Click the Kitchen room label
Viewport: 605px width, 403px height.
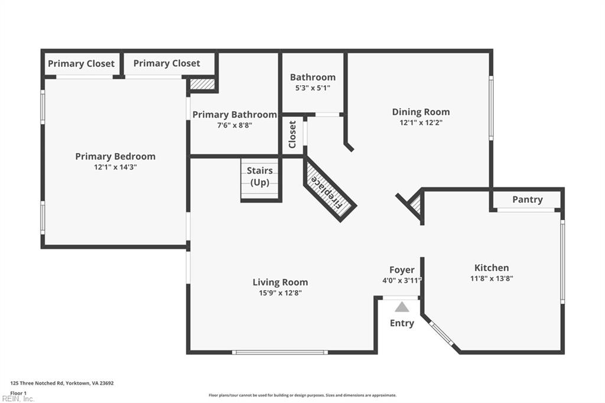pos(491,268)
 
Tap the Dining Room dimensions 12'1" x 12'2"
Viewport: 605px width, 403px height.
pos(421,123)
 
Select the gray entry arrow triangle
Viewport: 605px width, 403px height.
pos(402,307)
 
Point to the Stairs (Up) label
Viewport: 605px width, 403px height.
pos(260,177)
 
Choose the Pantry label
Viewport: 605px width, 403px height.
pos(527,200)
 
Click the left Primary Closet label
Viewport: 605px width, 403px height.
pos(81,64)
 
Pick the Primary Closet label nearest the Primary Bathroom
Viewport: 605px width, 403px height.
pos(167,63)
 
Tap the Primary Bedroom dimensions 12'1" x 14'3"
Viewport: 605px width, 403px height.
pos(115,167)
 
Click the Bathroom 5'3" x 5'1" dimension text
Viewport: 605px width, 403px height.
pos(313,87)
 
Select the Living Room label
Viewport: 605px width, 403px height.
pos(280,282)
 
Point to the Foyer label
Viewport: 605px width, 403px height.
pos(402,270)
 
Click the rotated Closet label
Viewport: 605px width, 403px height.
pos(292,134)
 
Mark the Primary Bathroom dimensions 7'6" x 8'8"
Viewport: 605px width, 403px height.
pos(235,125)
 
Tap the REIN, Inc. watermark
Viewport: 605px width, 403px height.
pos(18,399)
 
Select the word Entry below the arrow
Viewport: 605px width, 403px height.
pos(402,323)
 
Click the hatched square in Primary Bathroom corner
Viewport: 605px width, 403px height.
pos(202,84)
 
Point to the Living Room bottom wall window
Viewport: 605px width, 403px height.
pos(279,352)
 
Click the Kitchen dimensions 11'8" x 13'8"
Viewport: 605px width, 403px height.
pos(491,278)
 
